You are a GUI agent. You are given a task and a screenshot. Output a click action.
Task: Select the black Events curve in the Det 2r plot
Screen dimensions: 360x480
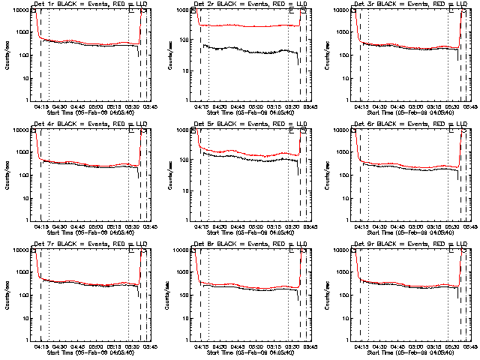[x=247, y=51]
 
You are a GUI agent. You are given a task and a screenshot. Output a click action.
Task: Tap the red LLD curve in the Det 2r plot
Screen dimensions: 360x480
[x=247, y=25]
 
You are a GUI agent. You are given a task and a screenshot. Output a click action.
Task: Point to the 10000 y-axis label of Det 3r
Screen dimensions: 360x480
[x=338, y=10]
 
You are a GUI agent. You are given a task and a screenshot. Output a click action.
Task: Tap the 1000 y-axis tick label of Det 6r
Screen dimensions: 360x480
[x=340, y=152]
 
